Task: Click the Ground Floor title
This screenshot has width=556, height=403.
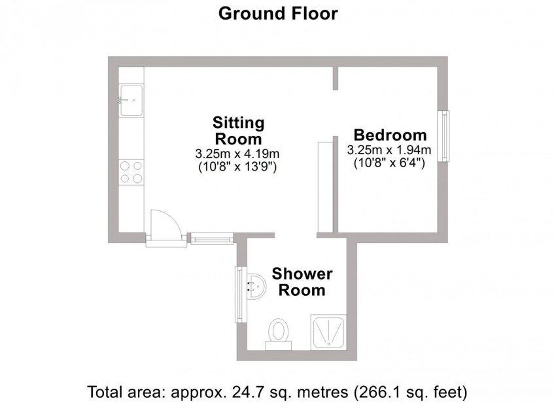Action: click(x=277, y=13)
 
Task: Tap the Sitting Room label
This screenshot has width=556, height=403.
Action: click(x=238, y=131)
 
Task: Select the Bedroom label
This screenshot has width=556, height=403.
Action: click(x=390, y=135)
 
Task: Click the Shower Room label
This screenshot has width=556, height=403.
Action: click(x=302, y=282)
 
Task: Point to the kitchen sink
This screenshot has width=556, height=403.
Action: click(x=131, y=101)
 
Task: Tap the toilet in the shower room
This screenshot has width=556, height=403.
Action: click(x=279, y=331)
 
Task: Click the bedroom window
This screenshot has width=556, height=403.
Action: click(x=444, y=137)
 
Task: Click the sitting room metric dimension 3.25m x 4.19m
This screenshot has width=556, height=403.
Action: click(x=237, y=154)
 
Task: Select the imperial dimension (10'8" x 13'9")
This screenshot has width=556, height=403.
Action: click(x=237, y=167)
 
